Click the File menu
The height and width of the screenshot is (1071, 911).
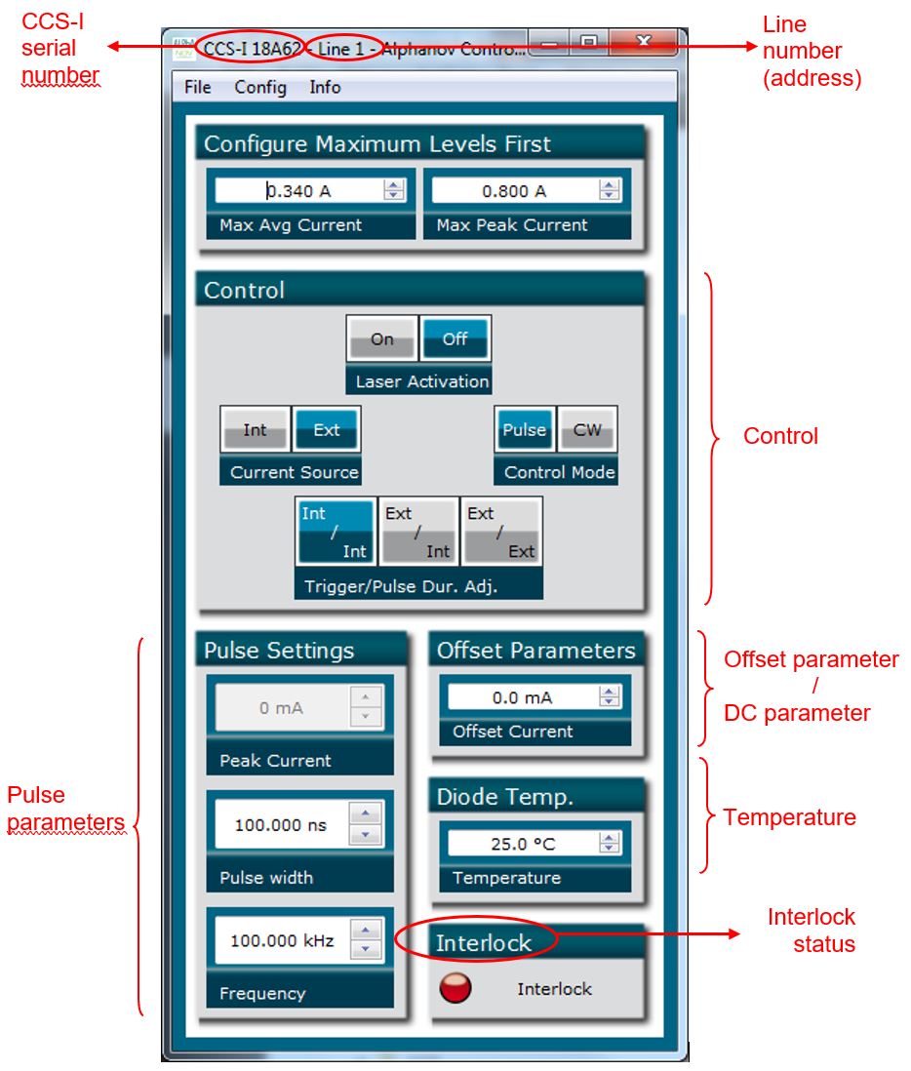[x=197, y=88]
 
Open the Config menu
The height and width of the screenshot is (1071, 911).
[x=260, y=88]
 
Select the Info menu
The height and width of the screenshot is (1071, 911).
[x=325, y=88]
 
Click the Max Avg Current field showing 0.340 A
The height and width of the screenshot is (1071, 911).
[x=297, y=191]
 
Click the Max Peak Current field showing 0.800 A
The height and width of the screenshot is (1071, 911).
[x=514, y=191]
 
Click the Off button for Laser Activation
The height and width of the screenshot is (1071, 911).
[x=455, y=339]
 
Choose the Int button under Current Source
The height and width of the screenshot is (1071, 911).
[x=255, y=430]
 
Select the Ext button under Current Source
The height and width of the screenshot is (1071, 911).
[x=327, y=430]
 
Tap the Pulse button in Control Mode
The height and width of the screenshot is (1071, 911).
[x=524, y=430]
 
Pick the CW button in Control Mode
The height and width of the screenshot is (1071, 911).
[x=587, y=430]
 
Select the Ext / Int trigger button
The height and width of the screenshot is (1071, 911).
[x=418, y=532]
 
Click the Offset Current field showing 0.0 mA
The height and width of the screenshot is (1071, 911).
[x=522, y=697]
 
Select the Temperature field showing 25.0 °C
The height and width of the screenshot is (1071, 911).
[x=522, y=844]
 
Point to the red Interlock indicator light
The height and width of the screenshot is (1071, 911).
[x=455, y=987]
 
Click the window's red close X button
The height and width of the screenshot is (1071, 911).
[x=643, y=42]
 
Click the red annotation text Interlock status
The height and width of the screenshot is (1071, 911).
[x=811, y=931]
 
